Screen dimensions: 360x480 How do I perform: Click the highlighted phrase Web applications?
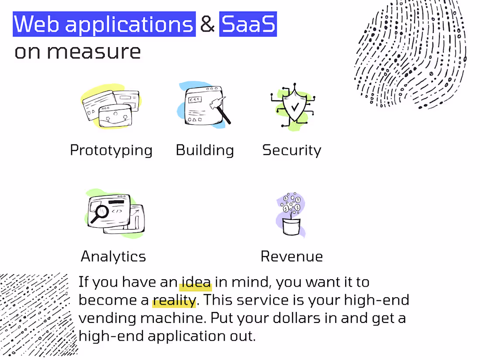pyautogui.click(x=104, y=24)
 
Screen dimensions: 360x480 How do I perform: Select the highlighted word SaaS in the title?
pyautogui.click(x=248, y=24)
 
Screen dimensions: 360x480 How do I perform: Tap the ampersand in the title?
pyautogui.click(x=208, y=24)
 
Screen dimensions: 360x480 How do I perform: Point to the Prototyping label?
pyautogui.click(x=111, y=150)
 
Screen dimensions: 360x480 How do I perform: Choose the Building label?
pyautogui.click(x=205, y=150)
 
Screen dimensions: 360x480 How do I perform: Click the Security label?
pyautogui.click(x=291, y=150)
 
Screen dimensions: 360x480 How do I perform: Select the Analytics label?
pyautogui.click(x=113, y=256)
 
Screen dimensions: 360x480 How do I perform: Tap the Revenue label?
pyautogui.click(x=291, y=256)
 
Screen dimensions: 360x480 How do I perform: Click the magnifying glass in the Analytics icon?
pyautogui.click(x=100, y=213)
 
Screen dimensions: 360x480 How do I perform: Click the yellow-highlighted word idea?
pyautogui.click(x=196, y=282)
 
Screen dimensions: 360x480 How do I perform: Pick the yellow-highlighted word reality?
pyautogui.click(x=174, y=300)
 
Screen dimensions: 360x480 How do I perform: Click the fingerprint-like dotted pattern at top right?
pyautogui.click(x=410, y=55)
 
